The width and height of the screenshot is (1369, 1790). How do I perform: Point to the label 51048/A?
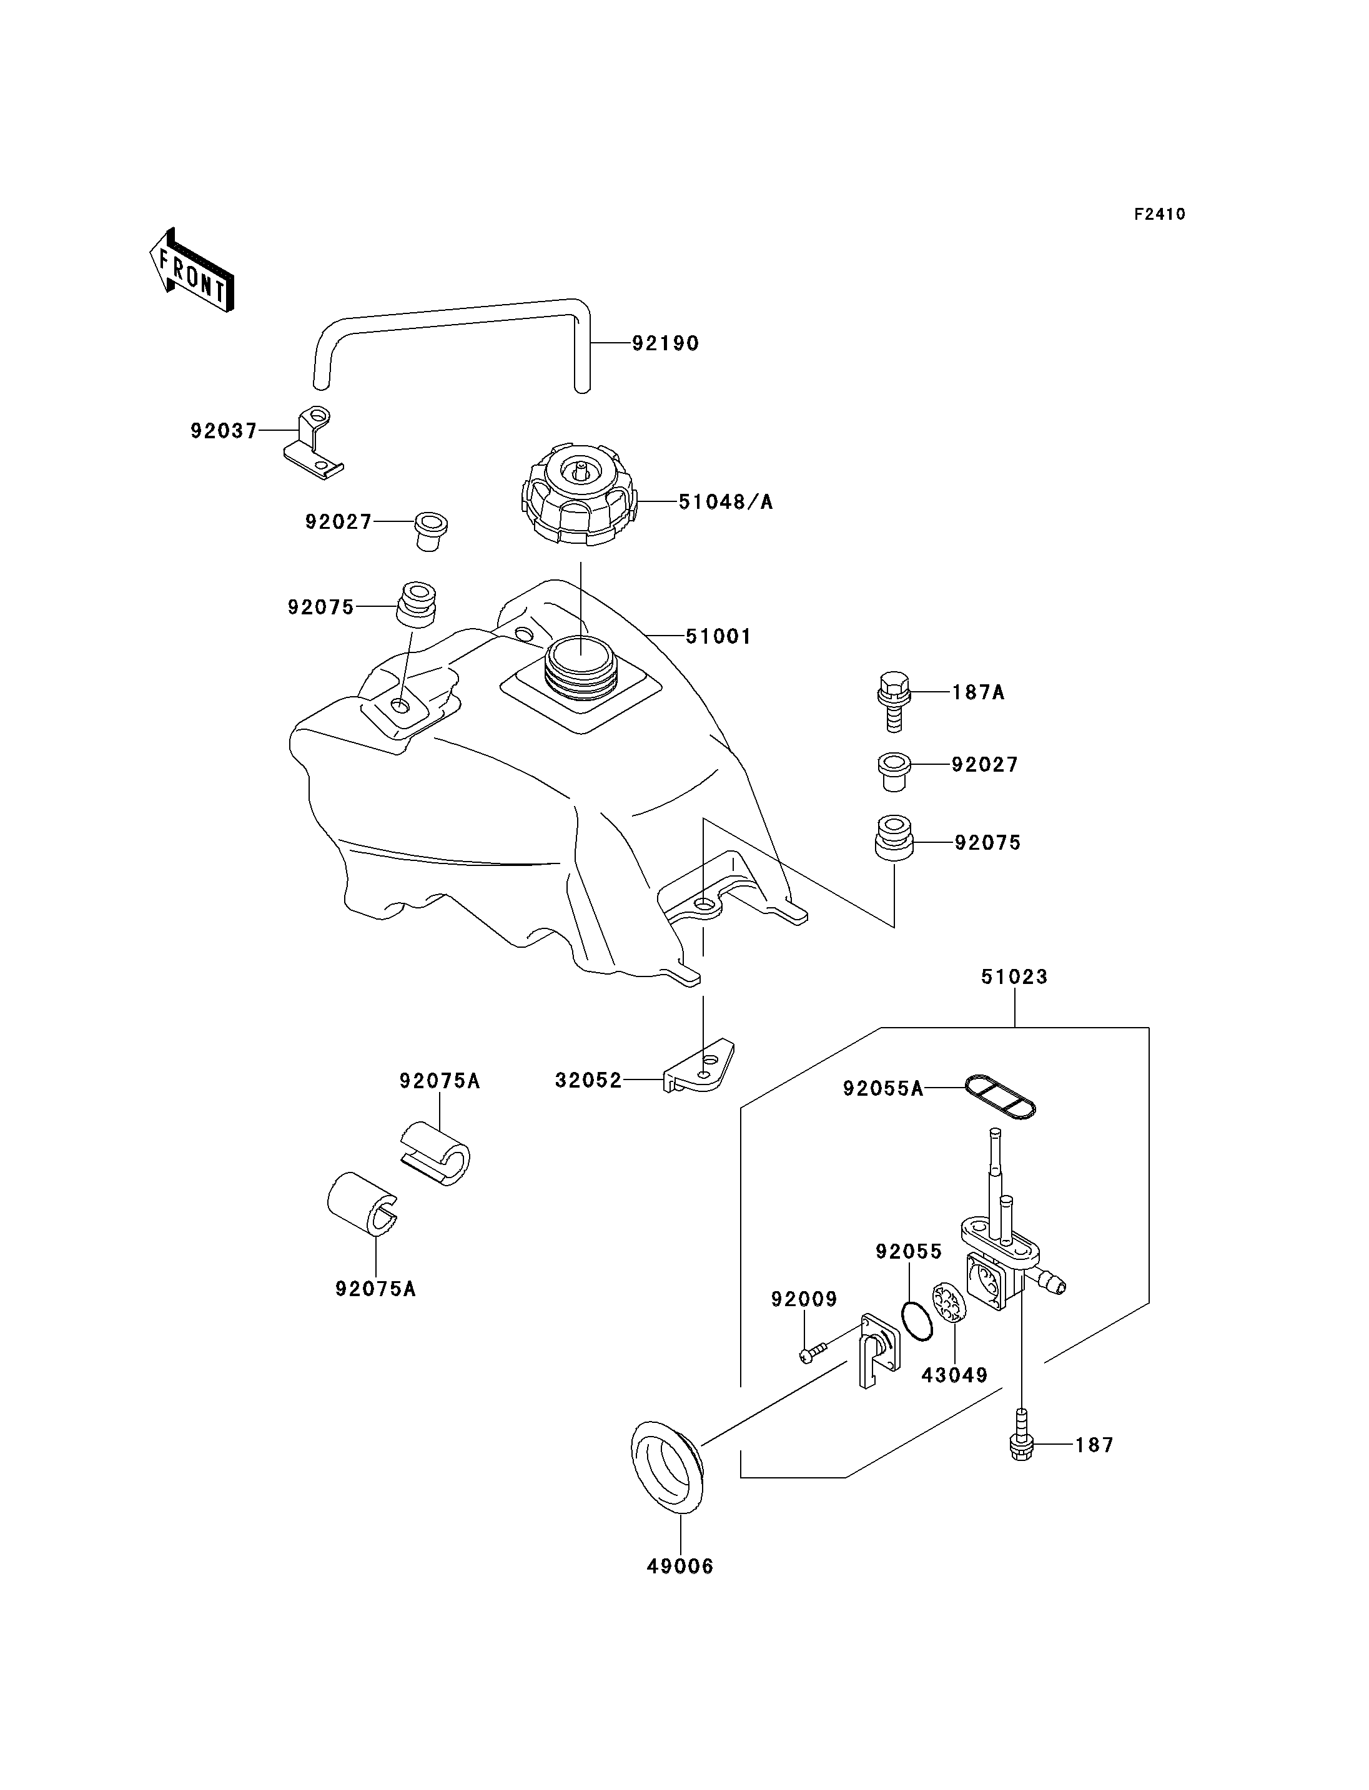point(725,502)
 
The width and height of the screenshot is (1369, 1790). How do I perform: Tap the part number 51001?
point(718,636)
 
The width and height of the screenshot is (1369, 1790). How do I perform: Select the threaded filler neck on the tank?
point(580,670)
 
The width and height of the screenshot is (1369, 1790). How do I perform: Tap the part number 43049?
point(954,1375)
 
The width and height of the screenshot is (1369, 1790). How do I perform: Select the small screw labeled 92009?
point(813,1352)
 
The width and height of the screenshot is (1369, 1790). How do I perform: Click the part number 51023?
point(1014,976)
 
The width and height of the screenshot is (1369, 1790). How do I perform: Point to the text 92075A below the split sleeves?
point(375,1289)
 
